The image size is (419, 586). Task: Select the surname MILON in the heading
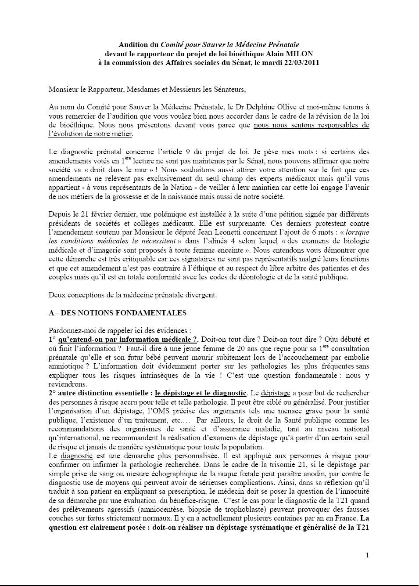point(302,54)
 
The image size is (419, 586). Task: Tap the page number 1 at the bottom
point(367,555)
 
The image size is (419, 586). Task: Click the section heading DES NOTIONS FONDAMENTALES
point(123,313)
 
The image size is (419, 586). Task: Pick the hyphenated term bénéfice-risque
point(197,500)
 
